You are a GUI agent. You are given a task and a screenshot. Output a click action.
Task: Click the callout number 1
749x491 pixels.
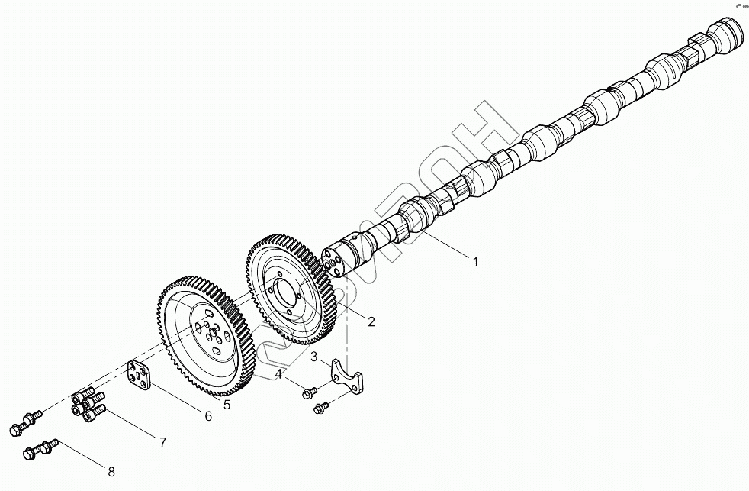(475, 262)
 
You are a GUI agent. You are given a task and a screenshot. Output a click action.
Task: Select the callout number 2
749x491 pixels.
(371, 321)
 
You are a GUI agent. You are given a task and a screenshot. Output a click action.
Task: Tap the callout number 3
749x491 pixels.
(313, 357)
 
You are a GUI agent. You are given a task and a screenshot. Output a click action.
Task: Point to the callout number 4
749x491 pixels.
(280, 374)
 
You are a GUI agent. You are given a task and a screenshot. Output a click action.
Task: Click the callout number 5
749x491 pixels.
(227, 404)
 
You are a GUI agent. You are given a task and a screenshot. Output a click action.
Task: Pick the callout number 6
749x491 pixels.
(207, 415)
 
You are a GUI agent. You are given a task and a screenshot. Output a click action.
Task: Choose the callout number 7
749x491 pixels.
(162, 441)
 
